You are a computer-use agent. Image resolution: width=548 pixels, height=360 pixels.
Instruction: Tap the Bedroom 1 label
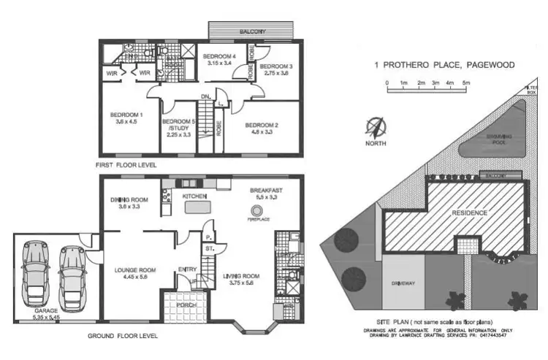click(126, 118)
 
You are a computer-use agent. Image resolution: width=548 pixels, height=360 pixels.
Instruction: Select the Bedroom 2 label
click(262, 128)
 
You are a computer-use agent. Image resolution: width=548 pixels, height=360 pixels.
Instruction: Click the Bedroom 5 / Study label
click(178, 126)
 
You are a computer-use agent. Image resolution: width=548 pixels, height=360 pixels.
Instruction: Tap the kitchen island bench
click(199, 208)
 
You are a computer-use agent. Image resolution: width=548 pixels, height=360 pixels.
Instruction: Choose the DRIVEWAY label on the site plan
click(403, 282)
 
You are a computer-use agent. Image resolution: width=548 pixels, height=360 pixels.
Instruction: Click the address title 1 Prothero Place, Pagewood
click(444, 65)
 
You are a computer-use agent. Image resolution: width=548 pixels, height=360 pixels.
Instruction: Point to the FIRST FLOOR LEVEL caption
click(126, 166)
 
